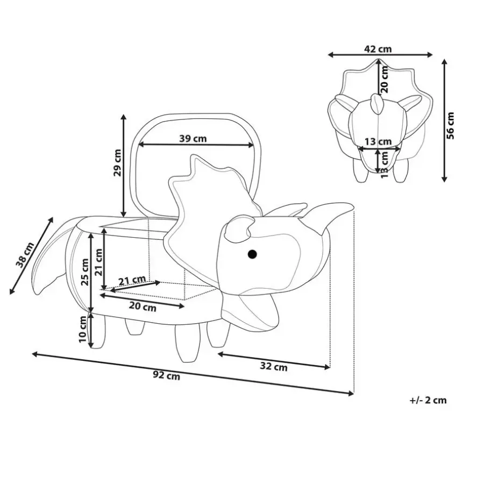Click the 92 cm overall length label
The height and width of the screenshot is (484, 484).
[166, 376]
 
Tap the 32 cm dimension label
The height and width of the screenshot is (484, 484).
[274, 366]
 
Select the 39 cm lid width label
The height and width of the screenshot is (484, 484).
[193, 139]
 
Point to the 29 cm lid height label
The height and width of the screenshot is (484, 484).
[117, 162]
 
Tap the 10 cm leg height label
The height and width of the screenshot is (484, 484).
[83, 329]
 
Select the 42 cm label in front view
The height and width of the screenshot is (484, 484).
[378, 49]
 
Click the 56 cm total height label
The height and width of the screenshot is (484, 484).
[450, 126]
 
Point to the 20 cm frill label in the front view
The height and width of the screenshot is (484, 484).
[385, 80]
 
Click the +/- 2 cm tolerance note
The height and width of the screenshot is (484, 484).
[428, 400]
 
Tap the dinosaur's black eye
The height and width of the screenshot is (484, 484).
[252, 254]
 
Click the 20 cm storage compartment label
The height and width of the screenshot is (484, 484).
[143, 307]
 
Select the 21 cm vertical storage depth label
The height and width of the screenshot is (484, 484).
[98, 262]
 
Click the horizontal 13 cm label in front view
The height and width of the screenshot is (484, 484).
[378, 141]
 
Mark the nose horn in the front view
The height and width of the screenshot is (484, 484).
[376, 104]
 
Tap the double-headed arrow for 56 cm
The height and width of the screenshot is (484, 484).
[444, 120]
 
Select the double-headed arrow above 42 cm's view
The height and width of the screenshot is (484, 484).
[380, 55]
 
